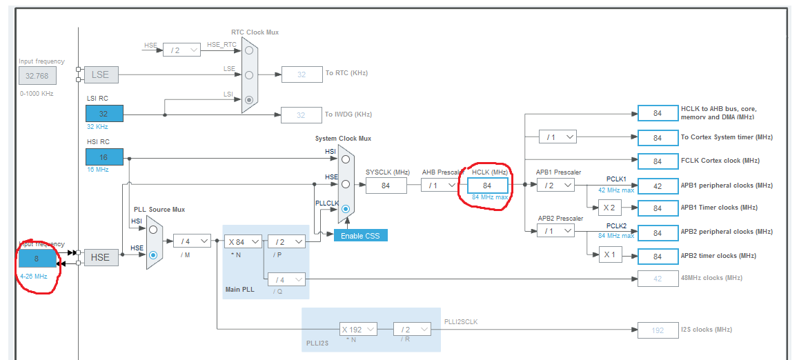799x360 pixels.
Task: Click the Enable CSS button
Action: [x=361, y=236]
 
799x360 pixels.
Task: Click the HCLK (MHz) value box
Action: [x=487, y=185]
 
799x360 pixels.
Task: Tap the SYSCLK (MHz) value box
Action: [x=386, y=185]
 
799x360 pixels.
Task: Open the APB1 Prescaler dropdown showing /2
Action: [x=555, y=185]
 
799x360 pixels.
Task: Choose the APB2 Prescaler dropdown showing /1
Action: [x=555, y=231]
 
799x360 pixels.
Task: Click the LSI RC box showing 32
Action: [x=104, y=114]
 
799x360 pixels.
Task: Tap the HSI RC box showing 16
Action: [x=104, y=157]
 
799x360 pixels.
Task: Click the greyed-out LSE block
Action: [x=100, y=74]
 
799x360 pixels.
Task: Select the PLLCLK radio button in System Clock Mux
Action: [x=345, y=209]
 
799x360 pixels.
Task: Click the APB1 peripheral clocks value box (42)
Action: [x=658, y=186]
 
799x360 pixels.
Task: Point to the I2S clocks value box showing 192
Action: [x=658, y=330]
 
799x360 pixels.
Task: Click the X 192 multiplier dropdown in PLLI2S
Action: [x=358, y=330]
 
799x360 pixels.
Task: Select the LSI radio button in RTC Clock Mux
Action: [x=249, y=99]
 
